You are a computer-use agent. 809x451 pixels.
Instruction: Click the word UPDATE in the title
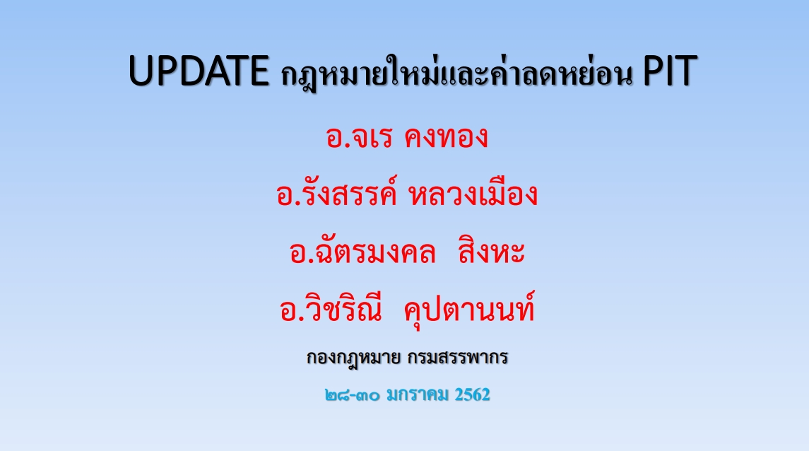pyautogui.click(x=199, y=71)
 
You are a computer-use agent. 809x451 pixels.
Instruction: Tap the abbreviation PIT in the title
pyautogui.click(x=671, y=71)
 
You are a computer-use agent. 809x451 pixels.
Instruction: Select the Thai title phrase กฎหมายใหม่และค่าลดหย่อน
pyautogui.click(x=456, y=72)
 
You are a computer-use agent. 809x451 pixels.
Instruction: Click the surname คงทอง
pyautogui.click(x=446, y=137)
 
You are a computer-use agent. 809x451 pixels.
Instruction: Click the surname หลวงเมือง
pyautogui.click(x=473, y=193)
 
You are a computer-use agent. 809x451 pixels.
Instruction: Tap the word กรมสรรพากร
pyautogui.click(x=457, y=357)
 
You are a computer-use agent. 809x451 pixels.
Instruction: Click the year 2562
pyautogui.click(x=472, y=394)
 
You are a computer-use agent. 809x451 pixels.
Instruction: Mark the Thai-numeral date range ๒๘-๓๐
pyautogui.click(x=353, y=396)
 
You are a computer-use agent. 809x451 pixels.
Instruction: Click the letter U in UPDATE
pyautogui.click(x=141, y=71)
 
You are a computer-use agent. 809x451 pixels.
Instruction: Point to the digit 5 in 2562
pyautogui.click(x=468, y=394)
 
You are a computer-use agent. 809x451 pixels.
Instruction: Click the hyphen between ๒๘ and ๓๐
pyautogui.click(x=353, y=397)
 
